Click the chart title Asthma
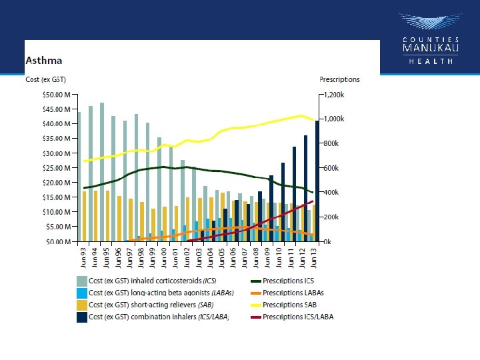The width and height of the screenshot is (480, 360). coord(45,61)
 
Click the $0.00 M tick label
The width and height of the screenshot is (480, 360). coord(59,241)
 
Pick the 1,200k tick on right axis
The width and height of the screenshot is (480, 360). coord(333,95)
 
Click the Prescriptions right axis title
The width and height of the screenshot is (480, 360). coord(339,79)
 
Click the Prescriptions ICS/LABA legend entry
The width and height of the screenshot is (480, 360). coord(298,317)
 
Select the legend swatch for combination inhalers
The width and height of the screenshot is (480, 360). coord(82,317)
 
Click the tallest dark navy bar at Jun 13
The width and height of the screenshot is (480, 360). coord(317,181)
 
